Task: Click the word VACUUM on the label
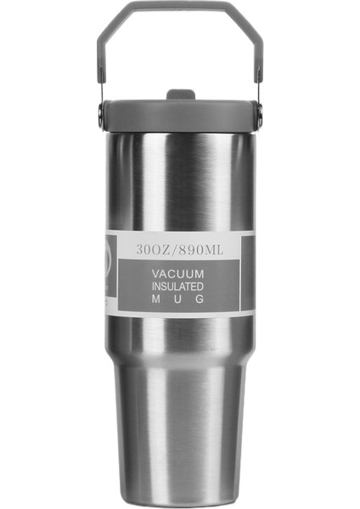click(177, 275)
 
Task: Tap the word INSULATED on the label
click(177, 287)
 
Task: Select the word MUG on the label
click(177, 299)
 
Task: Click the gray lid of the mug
click(180, 113)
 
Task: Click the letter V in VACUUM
click(156, 275)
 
